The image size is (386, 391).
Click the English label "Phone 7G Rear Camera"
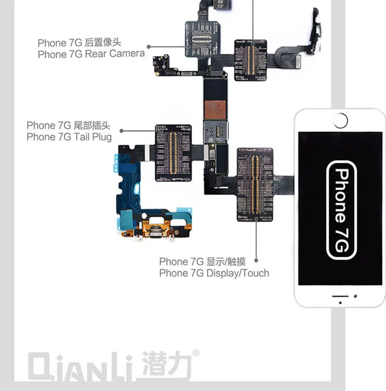coord(91,53)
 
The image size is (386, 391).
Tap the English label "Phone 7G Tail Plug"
coord(69,137)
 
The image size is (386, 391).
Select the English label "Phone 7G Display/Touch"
coord(214,273)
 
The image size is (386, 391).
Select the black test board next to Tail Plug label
coord(173,153)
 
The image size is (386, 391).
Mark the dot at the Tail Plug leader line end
coord(121,130)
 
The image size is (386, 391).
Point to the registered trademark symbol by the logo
coord(195,353)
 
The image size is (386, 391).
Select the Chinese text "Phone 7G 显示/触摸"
coord(202,261)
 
